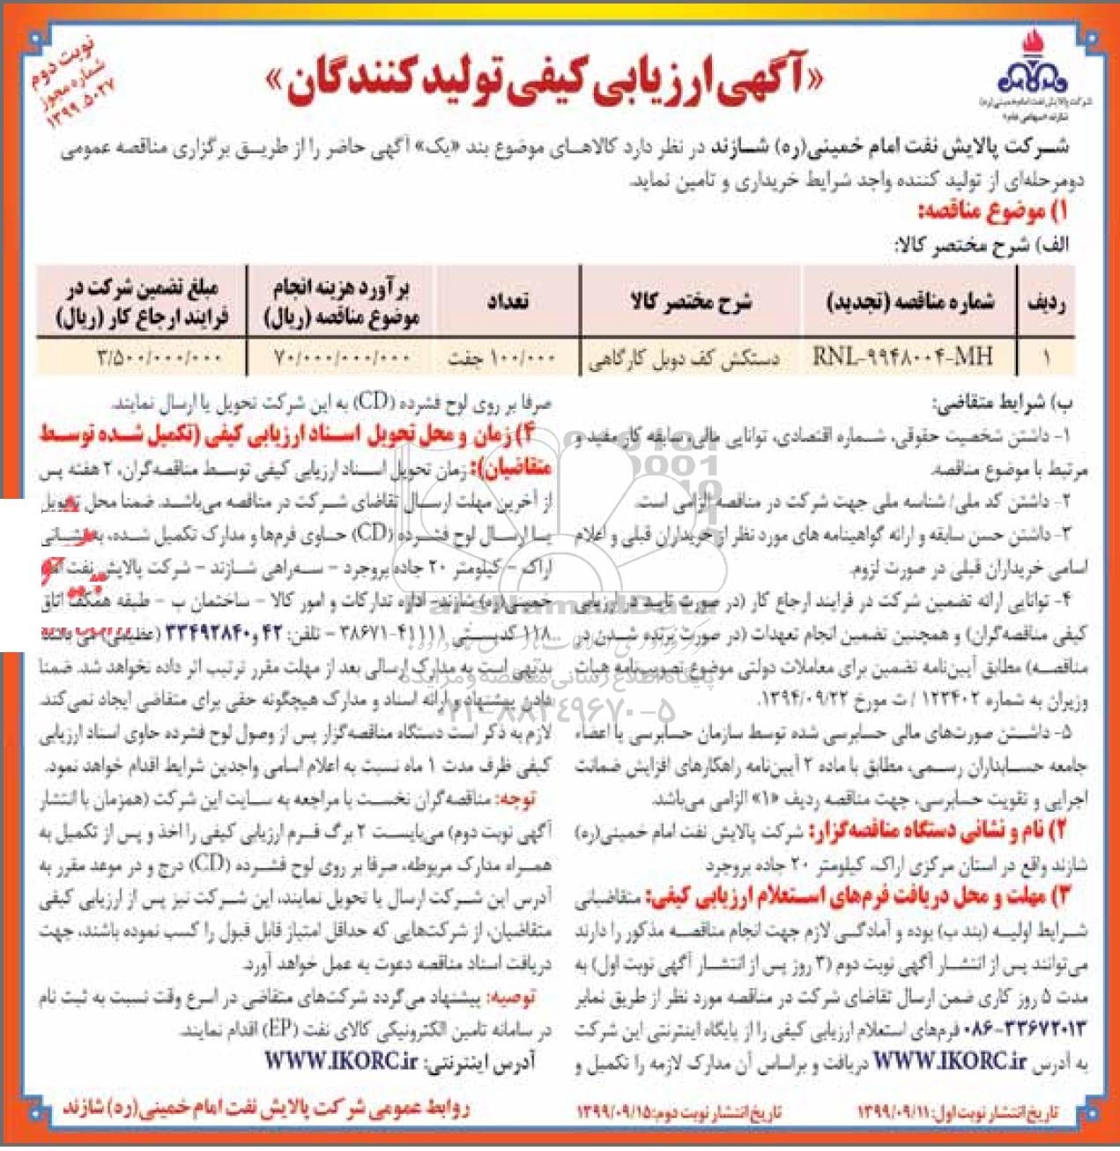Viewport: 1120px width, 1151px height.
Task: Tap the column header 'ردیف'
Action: tap(1046, 303)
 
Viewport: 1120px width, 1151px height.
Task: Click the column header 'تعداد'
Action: tap(508, 302)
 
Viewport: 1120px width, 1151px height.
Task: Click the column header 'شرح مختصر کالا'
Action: tap(690, 302)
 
